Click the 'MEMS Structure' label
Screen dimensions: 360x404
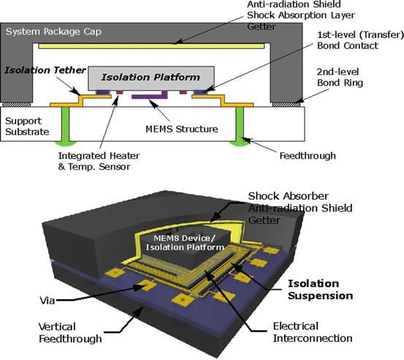tap(181, 129)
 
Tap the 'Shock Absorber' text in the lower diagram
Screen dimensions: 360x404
tap(287, 196)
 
